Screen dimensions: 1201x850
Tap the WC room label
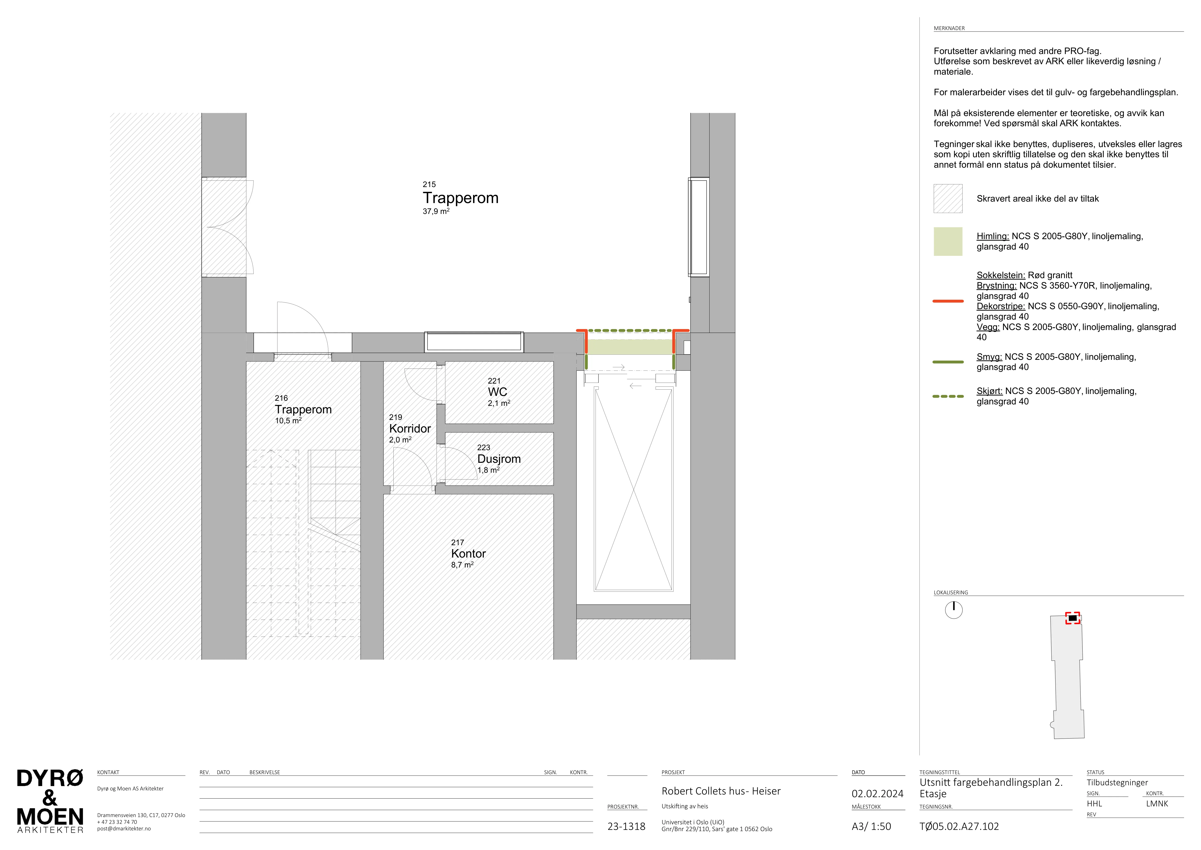497,392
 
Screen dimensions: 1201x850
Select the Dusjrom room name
499,459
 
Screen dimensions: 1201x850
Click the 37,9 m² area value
436,212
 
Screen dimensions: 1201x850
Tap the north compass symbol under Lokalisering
954,610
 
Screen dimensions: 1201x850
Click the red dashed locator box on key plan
1073,618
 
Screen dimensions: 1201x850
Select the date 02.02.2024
877,794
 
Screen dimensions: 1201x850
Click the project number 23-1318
626,826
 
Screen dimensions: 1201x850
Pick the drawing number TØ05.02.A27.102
959,826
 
